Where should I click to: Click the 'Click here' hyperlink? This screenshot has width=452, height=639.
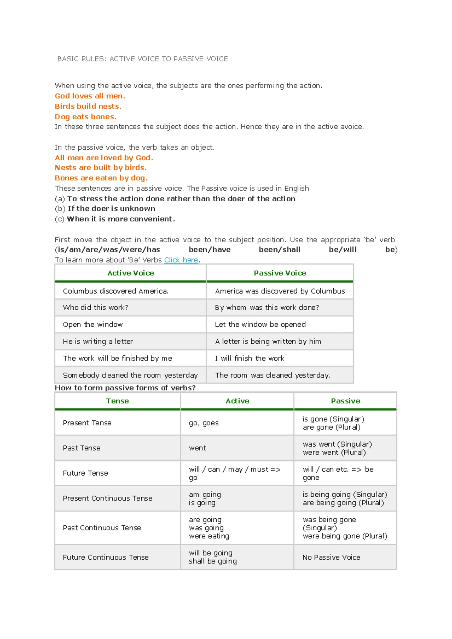click(181, 260)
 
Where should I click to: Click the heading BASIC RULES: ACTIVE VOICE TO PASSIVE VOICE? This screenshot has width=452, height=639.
click(142, 59)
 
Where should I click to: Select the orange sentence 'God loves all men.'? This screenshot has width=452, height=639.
click(90, 96)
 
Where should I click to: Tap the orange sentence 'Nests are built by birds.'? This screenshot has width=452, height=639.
click(101, 167)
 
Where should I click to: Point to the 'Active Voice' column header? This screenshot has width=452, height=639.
click(131, 273)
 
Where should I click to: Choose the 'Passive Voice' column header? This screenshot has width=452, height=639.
click(280, 273)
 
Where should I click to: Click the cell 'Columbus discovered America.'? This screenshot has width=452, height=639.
click(116, 291)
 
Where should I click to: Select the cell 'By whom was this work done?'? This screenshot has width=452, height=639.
click(267, 307)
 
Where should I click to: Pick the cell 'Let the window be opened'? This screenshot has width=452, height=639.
click(260, 324)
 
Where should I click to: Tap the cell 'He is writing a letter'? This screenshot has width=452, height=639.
click(98, 341)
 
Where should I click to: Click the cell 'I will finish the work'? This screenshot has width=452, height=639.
click(249, 358)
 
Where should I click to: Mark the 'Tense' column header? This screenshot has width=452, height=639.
click(118, 401)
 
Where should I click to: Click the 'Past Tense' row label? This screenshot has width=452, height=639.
click(82, 448)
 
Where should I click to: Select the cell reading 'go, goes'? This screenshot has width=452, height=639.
click(204, 423)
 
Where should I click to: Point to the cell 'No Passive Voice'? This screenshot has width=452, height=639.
click(331, 557)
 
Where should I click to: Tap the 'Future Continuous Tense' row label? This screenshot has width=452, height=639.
click(106, 557)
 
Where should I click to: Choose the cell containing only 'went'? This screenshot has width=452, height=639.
click(197, 448)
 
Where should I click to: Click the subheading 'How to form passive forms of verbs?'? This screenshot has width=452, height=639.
click(125, 388)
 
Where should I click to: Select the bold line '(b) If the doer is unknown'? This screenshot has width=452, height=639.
click(105, 208)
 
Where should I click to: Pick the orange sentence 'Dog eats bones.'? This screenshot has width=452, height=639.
click(86, 117)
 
